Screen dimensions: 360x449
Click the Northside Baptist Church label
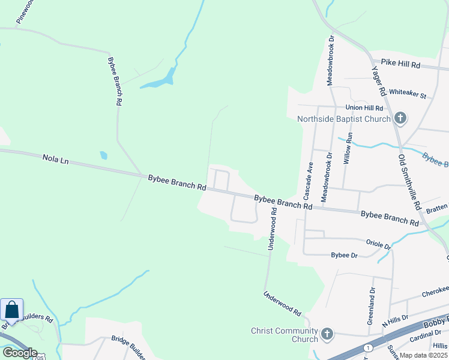(x=344, y=119)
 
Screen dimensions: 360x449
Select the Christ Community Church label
(x=285, y=335)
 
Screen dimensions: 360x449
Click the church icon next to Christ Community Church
(x=327, y=334)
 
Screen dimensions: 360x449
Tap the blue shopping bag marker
(x=11, y=310)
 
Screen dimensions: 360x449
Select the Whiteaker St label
(x=407, y=95)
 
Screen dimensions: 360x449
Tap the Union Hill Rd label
(x=364, y=108)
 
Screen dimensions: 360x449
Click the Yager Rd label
(x=379, y=81)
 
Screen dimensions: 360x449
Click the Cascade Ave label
(x=308, y=181)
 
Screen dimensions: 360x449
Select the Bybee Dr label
(x=345, y=256)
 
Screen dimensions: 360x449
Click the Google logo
(x=19, y=353)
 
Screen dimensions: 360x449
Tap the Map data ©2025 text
(x=423, y=355)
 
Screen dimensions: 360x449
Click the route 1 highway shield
(x=368, y=348)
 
